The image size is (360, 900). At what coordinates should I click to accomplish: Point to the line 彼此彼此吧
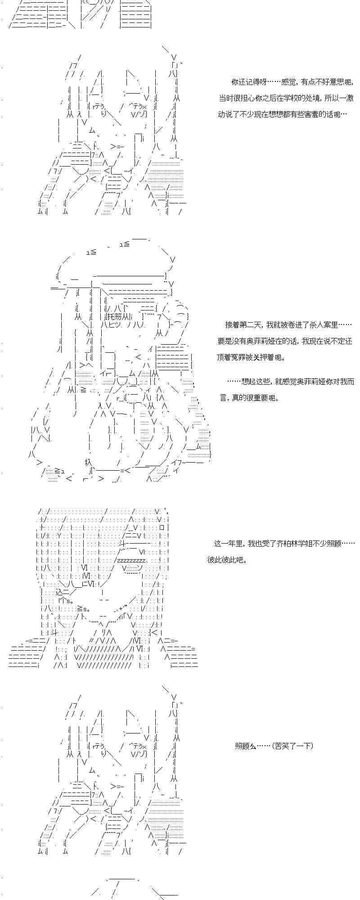click(227, 560)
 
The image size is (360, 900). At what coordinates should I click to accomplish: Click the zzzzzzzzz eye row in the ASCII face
click(131, 561)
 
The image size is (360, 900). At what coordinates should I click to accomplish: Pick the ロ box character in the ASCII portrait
click(161, 527)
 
